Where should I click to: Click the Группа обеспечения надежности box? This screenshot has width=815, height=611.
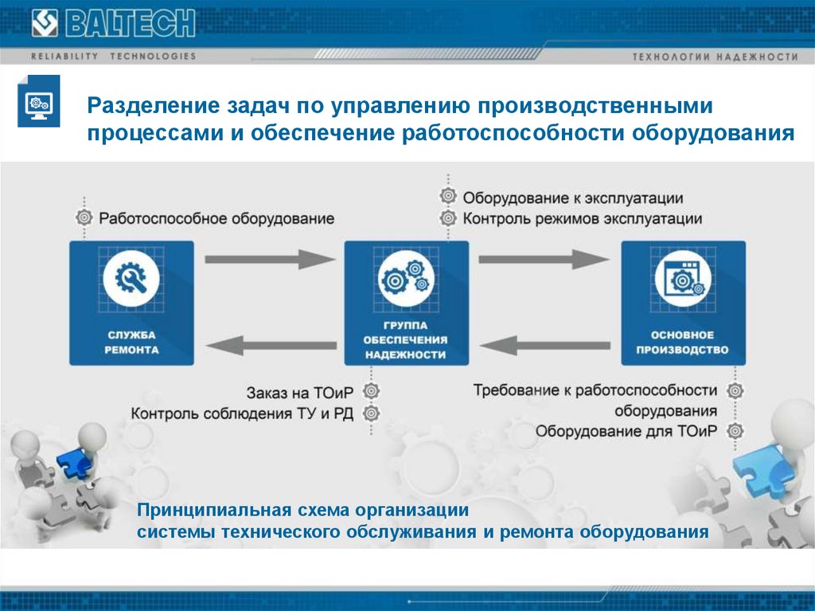point(406,304)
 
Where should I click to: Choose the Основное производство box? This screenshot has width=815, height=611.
point(682,304)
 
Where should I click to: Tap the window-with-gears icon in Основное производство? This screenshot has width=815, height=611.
point(682,278)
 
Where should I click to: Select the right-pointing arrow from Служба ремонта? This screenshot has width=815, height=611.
point(270,258)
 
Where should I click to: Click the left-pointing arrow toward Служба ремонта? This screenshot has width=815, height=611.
point(270,345)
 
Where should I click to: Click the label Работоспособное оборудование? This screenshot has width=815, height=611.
point(216,217)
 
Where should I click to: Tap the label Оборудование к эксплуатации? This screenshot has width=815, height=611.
point(573,198)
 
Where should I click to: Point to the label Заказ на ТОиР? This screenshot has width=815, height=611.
point(302,392)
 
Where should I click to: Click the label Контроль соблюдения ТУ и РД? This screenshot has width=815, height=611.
point(244,413)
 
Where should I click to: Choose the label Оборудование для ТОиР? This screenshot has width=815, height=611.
point(626,432)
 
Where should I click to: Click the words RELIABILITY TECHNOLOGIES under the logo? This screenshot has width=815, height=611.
point(113,57)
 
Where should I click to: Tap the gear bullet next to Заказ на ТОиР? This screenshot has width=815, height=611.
point(372,392)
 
